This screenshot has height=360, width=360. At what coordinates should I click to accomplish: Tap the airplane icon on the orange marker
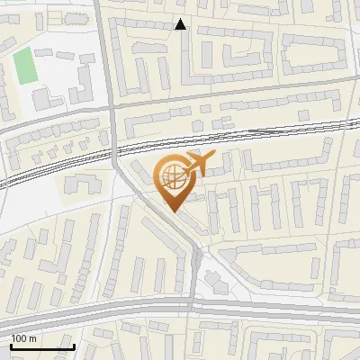coord(198,165)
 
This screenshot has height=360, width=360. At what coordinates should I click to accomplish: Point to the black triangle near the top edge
coord(181,24)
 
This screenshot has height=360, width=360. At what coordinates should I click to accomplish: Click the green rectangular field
coord(24,65)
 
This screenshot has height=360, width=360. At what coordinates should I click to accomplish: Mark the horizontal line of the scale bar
coord(42,346)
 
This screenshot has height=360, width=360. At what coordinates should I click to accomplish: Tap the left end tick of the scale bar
coord(11,345)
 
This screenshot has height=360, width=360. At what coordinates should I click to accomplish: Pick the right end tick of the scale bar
coord(74,345)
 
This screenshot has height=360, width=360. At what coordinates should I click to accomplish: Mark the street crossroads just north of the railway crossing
coord(112,105)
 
